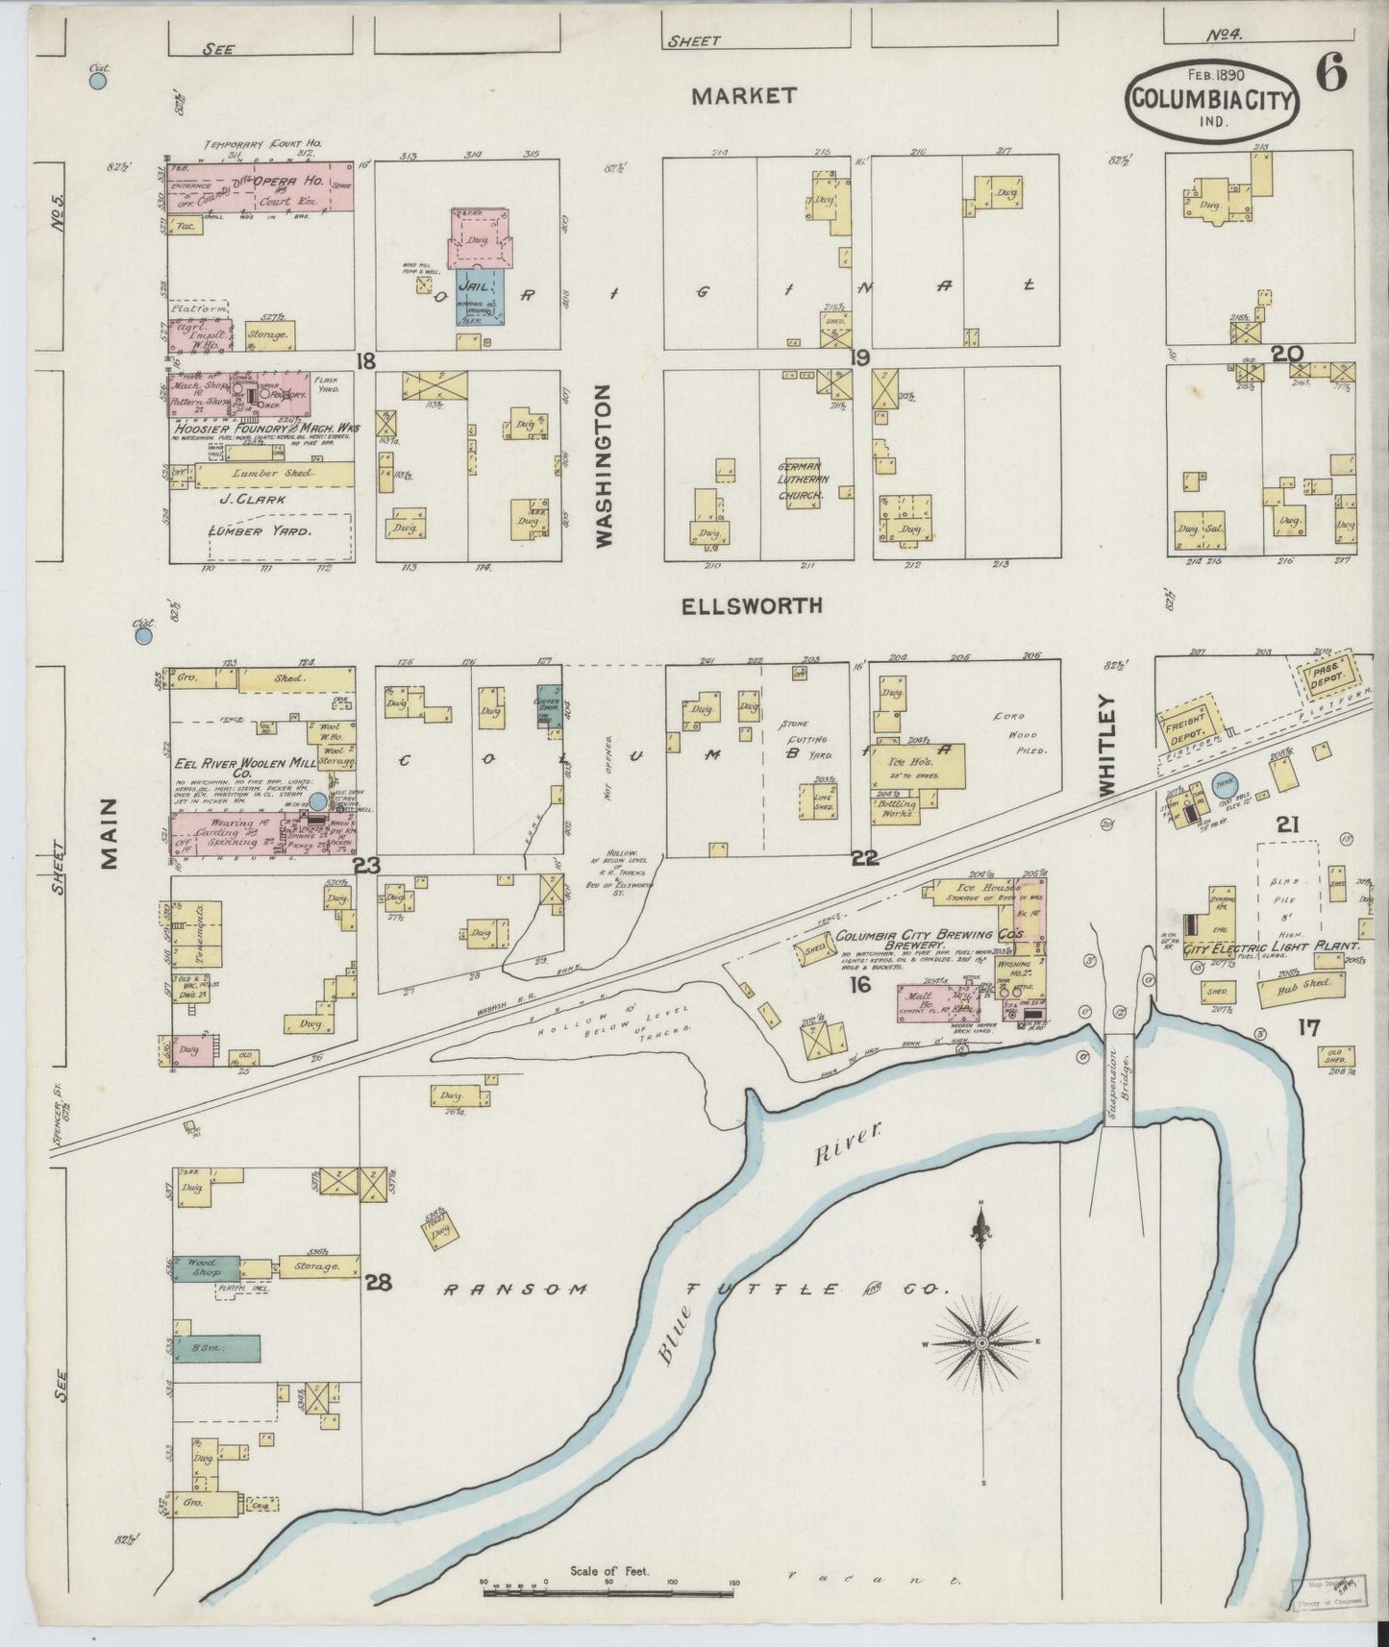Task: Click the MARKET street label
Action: [x=744, y=95]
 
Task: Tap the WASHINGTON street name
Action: [x=603, y=466]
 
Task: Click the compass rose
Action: [x=981, y=1342]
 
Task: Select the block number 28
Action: [x=379, y=1281]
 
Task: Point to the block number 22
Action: [x=865, y=858]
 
